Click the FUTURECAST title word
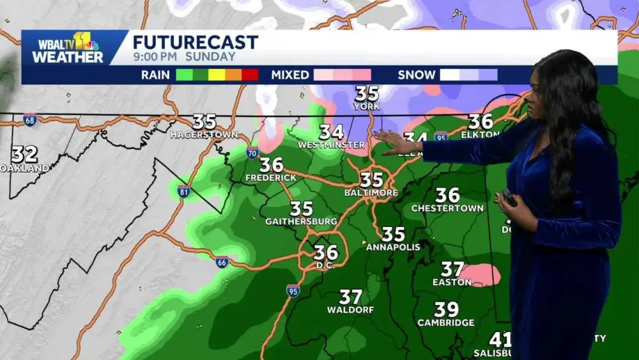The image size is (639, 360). tap(195, 43)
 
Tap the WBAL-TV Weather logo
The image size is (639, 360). tap(68, 48)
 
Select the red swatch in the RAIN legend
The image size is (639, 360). tap(250, 75)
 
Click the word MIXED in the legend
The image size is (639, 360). tap(290, 75)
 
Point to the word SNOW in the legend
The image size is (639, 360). tap(416, 75)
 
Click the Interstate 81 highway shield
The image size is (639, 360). tap(184, 191)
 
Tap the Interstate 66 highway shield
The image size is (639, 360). tap(222, 262)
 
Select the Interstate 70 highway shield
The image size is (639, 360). tap(252, 152)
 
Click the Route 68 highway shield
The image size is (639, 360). tap(29, 119)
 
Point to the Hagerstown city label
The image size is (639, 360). tap(204, 135)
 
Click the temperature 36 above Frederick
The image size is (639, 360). tap(272, 165)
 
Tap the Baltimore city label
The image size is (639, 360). tap(371, 192)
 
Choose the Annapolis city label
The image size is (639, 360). tap(393, 247)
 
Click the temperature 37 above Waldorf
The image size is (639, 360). tap(350, 297)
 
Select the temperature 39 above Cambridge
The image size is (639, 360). tap(446, 310)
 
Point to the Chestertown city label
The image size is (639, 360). tap(447, 208)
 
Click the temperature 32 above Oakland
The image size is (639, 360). tap(24, 154)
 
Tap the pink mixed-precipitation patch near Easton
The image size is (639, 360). tap(481, 275)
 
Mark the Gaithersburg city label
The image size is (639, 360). tap(301, 221)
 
